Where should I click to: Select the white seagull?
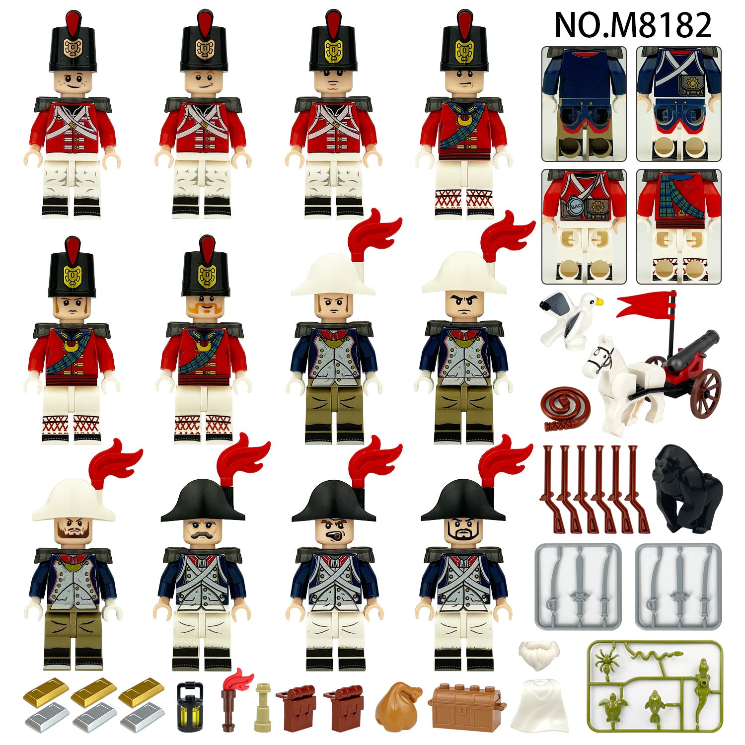[x=571, y=318]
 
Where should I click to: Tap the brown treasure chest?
[x=466, y=708]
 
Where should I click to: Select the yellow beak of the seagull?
[x=599, y=300]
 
